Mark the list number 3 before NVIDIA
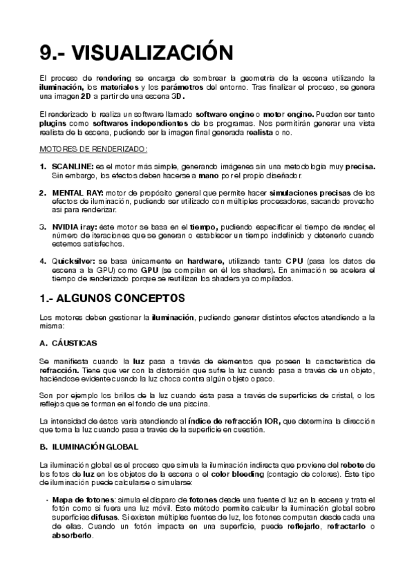tap(43, 226)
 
